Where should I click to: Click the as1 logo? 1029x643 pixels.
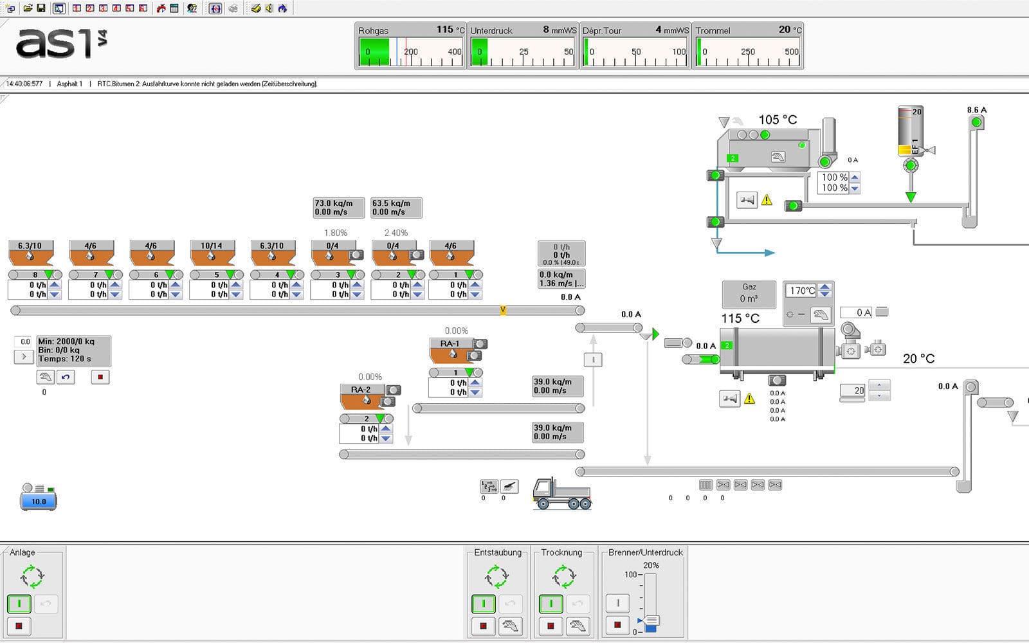61,44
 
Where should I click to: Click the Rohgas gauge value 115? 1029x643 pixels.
444,30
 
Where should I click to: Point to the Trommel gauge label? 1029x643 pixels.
713,30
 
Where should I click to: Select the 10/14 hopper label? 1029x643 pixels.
211,246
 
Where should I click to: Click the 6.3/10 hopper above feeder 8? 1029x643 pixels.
30,246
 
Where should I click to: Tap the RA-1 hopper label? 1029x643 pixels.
450,343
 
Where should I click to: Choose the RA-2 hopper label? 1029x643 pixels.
361,390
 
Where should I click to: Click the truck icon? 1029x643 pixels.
561,494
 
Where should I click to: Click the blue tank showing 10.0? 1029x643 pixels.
39,501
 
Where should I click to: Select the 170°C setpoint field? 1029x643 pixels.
801,291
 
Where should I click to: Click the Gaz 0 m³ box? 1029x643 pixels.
749,293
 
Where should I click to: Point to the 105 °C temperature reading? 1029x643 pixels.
778,120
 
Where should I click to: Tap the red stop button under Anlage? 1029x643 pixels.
19,626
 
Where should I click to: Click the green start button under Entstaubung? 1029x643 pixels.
484,604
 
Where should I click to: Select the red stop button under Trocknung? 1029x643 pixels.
551,626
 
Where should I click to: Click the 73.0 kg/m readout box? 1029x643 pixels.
338,207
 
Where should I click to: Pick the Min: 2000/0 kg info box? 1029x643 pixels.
73,350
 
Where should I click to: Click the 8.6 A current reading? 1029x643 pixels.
976,110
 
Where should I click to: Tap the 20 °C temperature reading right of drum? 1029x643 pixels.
918,359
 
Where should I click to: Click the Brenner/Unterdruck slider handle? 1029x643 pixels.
651,621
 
